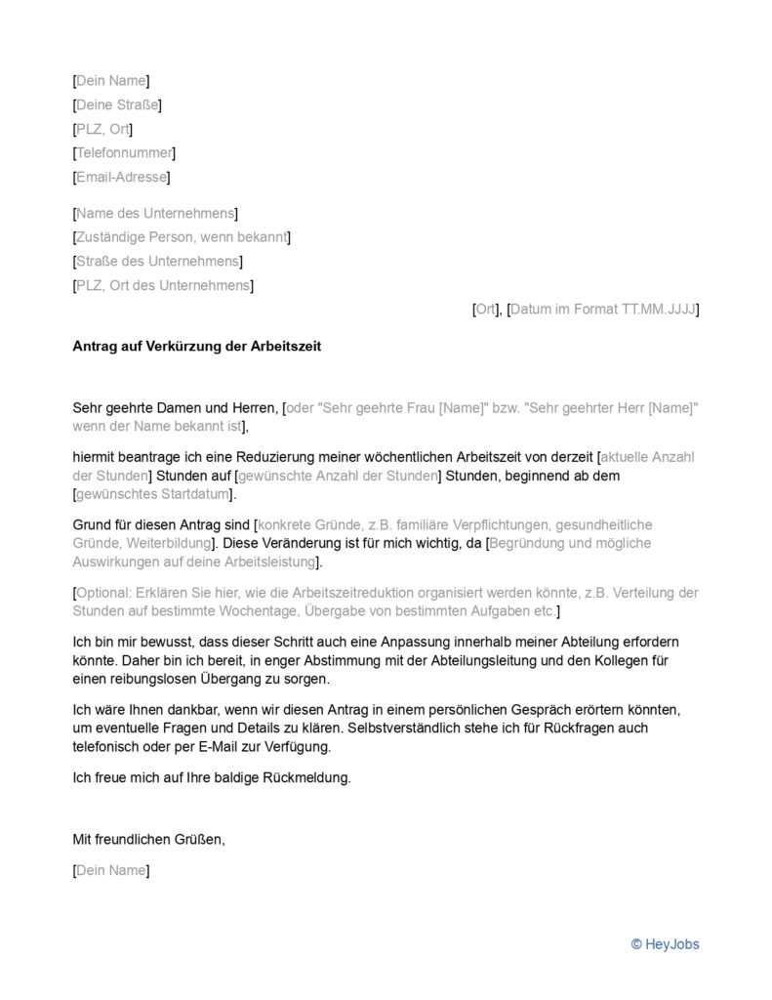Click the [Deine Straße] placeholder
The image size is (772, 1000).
pyautogui.click(x=117, y=104)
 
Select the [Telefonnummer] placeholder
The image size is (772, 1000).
pyautogui.click(x=124, y=152)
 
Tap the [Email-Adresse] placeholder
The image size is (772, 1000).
pyautogui.click(x=121, y=177)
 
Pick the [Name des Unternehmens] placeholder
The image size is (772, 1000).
pyautogui.click(x=155, y=213)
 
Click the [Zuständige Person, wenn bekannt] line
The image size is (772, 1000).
pyautogui.click(x=182, y=237)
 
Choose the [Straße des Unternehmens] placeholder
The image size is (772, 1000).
pyautogui.click(x=158, y=262)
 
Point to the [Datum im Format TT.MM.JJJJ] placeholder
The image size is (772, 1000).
pyautogui.click(x=603, y=310)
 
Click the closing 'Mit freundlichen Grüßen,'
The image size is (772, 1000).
pyautogui.click(x=148, y=838)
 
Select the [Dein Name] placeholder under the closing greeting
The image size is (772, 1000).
pyautogui.click(x=111, y=870)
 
